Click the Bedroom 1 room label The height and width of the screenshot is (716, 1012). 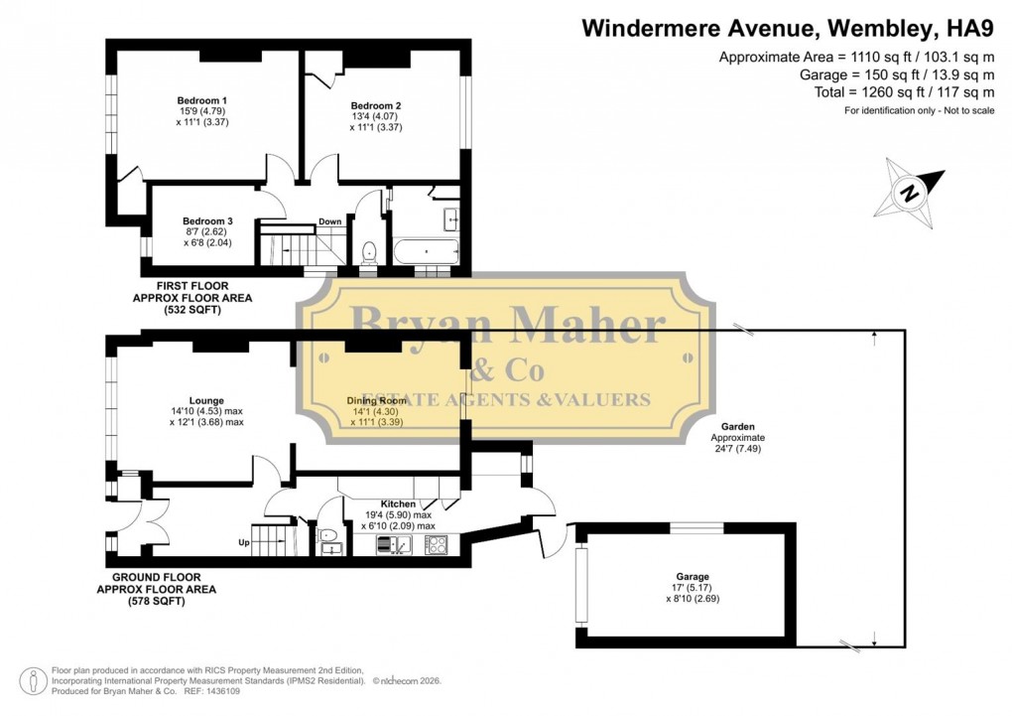coord(202,100)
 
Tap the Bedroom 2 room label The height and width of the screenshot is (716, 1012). coord(376,105)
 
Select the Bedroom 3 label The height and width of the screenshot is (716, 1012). coord(207,221)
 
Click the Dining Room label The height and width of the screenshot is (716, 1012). coord(377,400)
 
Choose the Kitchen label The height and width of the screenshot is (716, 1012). coord(398,504)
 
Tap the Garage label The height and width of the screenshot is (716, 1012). coord(693,577)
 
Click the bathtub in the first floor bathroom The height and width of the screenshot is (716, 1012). coord(425,250)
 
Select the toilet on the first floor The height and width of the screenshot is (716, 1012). coord(368,252)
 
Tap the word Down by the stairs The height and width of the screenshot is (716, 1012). coord(330,221)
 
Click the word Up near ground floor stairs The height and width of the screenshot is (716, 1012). coord(243,543)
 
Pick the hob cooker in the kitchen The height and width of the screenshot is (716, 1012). coord(437,544)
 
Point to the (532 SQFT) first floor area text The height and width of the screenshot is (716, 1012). coord(192,310)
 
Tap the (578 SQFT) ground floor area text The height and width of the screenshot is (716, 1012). coord(156,601)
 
